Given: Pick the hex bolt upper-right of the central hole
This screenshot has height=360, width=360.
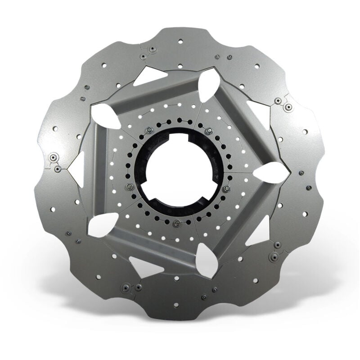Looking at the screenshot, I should (208, 131).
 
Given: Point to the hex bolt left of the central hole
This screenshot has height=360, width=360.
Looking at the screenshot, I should (129, 186).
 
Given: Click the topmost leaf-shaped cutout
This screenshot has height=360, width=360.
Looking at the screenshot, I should (208, 85).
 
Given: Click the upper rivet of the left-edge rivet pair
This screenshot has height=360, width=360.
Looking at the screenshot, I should (54, 158).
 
